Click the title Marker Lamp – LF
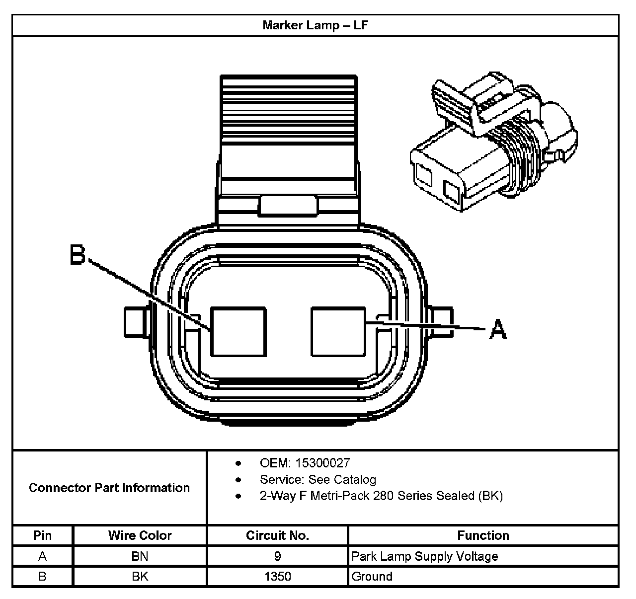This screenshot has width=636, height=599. (x=315, y=25)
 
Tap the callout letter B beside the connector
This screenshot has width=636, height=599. (x=78, y=255)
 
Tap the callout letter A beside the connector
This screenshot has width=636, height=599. (x=498, y=329)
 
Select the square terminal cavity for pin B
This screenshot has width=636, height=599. (x=238, y=331)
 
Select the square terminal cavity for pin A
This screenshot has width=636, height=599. (x=338, y=331)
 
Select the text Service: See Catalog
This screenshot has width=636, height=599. (x=318, y=479)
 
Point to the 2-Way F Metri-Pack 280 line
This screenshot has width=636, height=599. (x=381, y=496)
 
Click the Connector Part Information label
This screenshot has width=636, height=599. (x=109, y=488)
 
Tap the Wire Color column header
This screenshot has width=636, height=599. (x=140, y=535)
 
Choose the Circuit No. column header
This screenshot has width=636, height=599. (x=277, y=535)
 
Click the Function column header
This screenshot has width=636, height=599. (x=483, y=535)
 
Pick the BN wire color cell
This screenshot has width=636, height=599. (x=140, y=556)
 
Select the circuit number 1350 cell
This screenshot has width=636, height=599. (x=277, y=577)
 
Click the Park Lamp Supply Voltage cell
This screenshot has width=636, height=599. (x=424, y=556)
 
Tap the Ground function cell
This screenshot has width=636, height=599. (x=372, y=577)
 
